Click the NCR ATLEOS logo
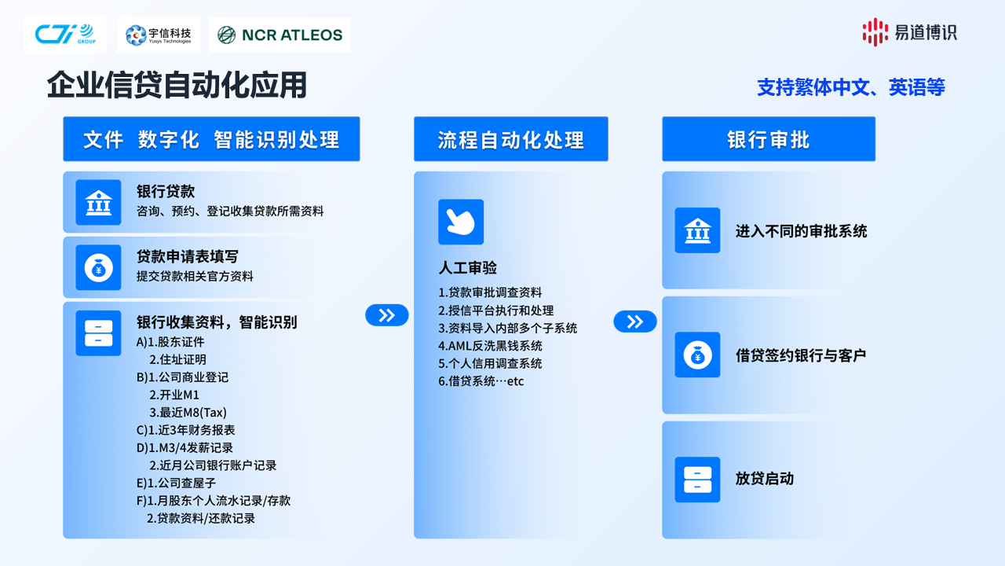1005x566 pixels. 280,35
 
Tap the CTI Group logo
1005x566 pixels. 65,35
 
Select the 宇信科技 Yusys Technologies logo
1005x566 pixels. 159,35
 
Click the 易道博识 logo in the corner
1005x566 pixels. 909,32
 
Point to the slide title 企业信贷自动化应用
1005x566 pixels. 177,85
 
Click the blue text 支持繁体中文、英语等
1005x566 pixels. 850,87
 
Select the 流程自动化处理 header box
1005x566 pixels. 511,139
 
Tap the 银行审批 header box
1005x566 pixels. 769,139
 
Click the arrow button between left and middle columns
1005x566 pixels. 387,315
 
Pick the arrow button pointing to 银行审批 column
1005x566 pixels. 635,322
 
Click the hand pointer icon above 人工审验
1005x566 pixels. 461,222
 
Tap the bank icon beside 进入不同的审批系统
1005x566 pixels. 697,230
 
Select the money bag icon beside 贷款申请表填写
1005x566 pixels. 98,268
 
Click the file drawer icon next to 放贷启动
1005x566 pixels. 697,480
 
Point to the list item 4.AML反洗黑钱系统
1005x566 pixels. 490,346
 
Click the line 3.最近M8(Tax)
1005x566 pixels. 188,413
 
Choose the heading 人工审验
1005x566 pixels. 467,268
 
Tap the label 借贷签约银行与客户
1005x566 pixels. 801,355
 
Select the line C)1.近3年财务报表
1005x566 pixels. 186,430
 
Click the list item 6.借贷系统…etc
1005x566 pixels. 481,381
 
